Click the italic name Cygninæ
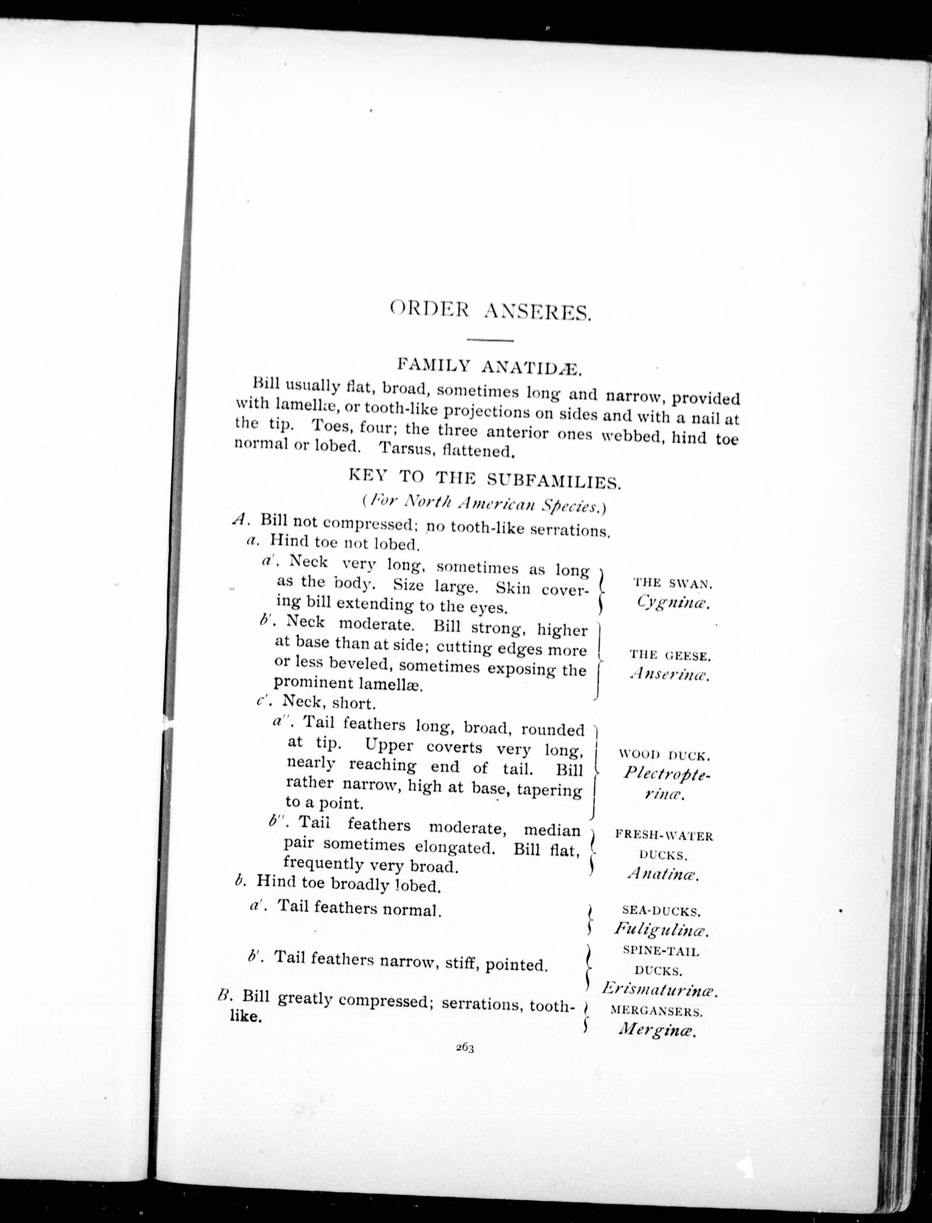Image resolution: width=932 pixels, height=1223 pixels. [x=673, y=602]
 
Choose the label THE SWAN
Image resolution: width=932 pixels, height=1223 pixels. [x=672, y=583]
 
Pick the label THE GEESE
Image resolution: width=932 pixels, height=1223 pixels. [x=670, y=656]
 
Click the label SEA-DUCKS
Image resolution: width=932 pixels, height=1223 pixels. [x=661, y=911]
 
